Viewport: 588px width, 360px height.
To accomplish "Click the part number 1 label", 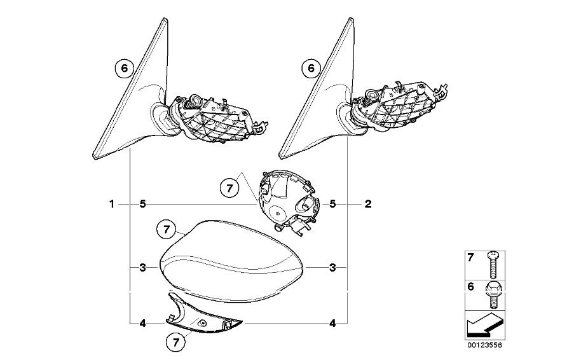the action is coord(111,204).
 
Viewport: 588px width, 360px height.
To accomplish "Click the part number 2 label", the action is coord(368,204).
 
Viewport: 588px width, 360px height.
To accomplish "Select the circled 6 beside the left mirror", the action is coord(124,68).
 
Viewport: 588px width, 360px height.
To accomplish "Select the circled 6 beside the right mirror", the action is coord(311,68).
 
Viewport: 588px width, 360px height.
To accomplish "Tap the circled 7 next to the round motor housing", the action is coord(229,188).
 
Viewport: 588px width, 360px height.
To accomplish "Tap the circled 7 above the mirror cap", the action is coord(167,228).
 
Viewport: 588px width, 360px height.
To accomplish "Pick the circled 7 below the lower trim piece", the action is coord(176,342).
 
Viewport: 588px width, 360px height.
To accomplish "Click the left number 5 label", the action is coord(142,204).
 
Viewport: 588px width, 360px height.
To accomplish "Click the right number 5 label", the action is coord(332,204).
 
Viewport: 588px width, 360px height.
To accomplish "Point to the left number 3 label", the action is coord(142,268).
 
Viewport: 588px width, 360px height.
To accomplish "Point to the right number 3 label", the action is coord(332,268).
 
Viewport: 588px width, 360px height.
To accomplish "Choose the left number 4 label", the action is coord(142,323).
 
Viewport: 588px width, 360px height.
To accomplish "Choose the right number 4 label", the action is coord(332,323).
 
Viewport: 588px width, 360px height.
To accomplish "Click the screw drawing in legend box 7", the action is coord(493,265).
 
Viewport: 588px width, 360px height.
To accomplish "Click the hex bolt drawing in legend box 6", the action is coord(493,295).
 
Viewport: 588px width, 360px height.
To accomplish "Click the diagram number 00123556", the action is coord(484,345).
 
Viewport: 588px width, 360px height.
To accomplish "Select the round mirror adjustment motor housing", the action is coord(287,203).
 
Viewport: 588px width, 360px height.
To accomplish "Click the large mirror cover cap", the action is coord(231,261).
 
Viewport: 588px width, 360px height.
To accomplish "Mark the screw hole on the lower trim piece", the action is coord(202,323).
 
